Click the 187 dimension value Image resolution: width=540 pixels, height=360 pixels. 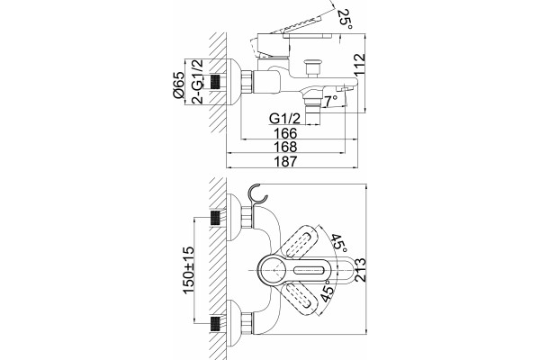pyautogui.click(x=285, y=161)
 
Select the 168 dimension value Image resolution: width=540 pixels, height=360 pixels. pyautogui.click(x=285, y=147)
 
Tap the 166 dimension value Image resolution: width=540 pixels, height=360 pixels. pyautogui.click(x=285, y=133)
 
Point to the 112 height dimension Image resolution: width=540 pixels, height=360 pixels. pyautogui.click(x=359, y=65)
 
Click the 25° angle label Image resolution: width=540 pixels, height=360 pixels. pyautogui.click(x=345, y=19)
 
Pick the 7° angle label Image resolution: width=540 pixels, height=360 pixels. pyautogui.click(x=331, y=101)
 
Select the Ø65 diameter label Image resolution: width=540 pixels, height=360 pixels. pyautogui.click(x=179, y=85)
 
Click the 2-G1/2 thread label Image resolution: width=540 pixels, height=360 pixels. pyautogui.click(x=198, y=81)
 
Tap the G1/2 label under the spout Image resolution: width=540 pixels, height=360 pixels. pyautogui.click(x=284, y=119)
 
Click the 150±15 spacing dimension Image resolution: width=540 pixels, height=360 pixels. pyautogui.click(x=189, y=270)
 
